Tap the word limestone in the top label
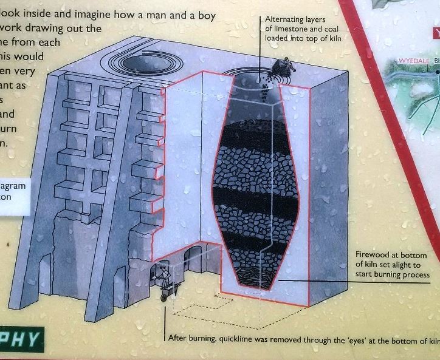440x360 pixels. point(291,29)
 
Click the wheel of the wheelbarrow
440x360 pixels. point(164,297)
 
